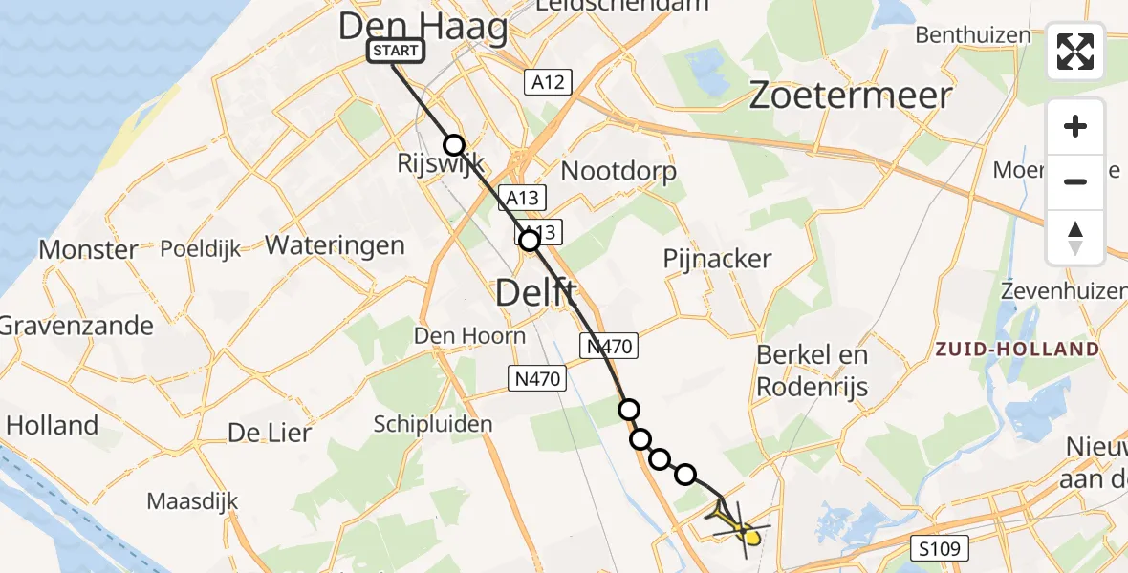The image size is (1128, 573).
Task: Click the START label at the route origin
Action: click(x=395, y=51)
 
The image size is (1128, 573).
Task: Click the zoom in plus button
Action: click(x=1075, y=126)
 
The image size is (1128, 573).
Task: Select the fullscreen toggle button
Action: click(x=1075, y=52)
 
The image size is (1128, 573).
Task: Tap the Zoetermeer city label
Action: click(x=851, y=95)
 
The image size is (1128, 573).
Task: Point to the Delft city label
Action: click(x=536, y=292)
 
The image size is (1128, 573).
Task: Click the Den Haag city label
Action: click(x=423, y=27)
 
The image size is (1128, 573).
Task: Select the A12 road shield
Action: click(x=548, y=82)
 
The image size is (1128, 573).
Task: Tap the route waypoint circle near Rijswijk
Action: click(x=454, y=145)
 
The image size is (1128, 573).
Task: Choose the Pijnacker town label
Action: click(x=717, y=259)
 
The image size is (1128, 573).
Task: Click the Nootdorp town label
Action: click(x=618, y=172)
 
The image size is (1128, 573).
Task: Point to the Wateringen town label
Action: click(x=335, y=245)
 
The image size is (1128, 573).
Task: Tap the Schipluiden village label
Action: click(x=420, y=424)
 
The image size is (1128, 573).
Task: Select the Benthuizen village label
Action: click(x=973, y=35)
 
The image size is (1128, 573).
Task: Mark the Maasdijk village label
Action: click(x=192, y=500)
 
